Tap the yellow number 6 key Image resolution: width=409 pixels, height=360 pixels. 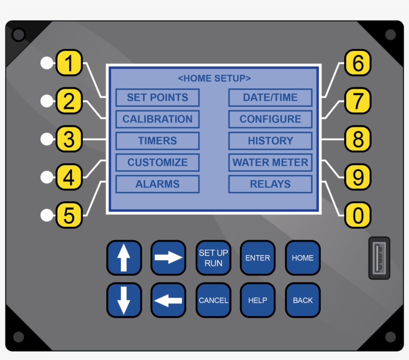358,63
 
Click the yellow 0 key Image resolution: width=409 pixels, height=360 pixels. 358,215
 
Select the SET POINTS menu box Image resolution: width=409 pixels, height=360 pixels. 158,97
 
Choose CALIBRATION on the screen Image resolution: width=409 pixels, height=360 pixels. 158,119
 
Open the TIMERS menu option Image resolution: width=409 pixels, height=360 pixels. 158,141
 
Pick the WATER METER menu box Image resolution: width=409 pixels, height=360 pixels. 270,162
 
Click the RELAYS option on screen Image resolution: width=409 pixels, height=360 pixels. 270,184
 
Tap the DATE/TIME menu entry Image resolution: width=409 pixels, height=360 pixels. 270,97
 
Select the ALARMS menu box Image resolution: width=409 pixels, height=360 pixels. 158,184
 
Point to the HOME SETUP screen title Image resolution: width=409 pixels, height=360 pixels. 214,78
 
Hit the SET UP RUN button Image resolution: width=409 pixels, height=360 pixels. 213,258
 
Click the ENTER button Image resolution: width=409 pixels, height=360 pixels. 258,258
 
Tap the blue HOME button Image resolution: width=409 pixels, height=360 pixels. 303,258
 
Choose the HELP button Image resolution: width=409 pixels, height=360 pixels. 258,300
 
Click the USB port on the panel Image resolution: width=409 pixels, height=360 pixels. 379,258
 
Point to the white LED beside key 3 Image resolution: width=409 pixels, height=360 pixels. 47,139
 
